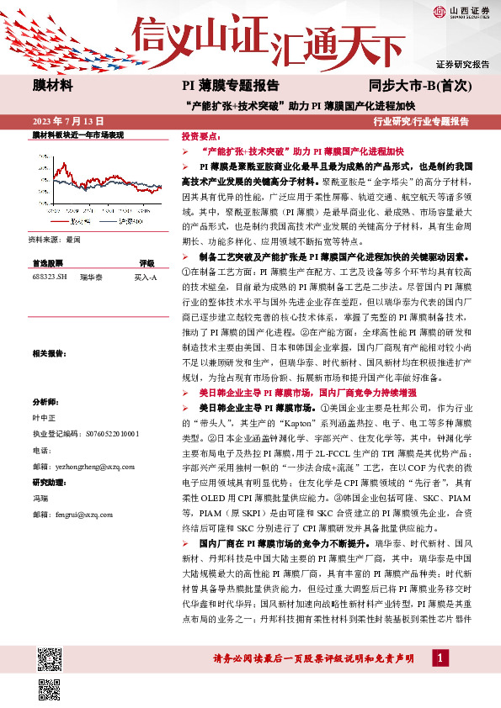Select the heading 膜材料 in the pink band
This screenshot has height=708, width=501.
51,85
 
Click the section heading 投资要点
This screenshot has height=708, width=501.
200,135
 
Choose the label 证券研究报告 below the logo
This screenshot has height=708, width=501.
462,64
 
